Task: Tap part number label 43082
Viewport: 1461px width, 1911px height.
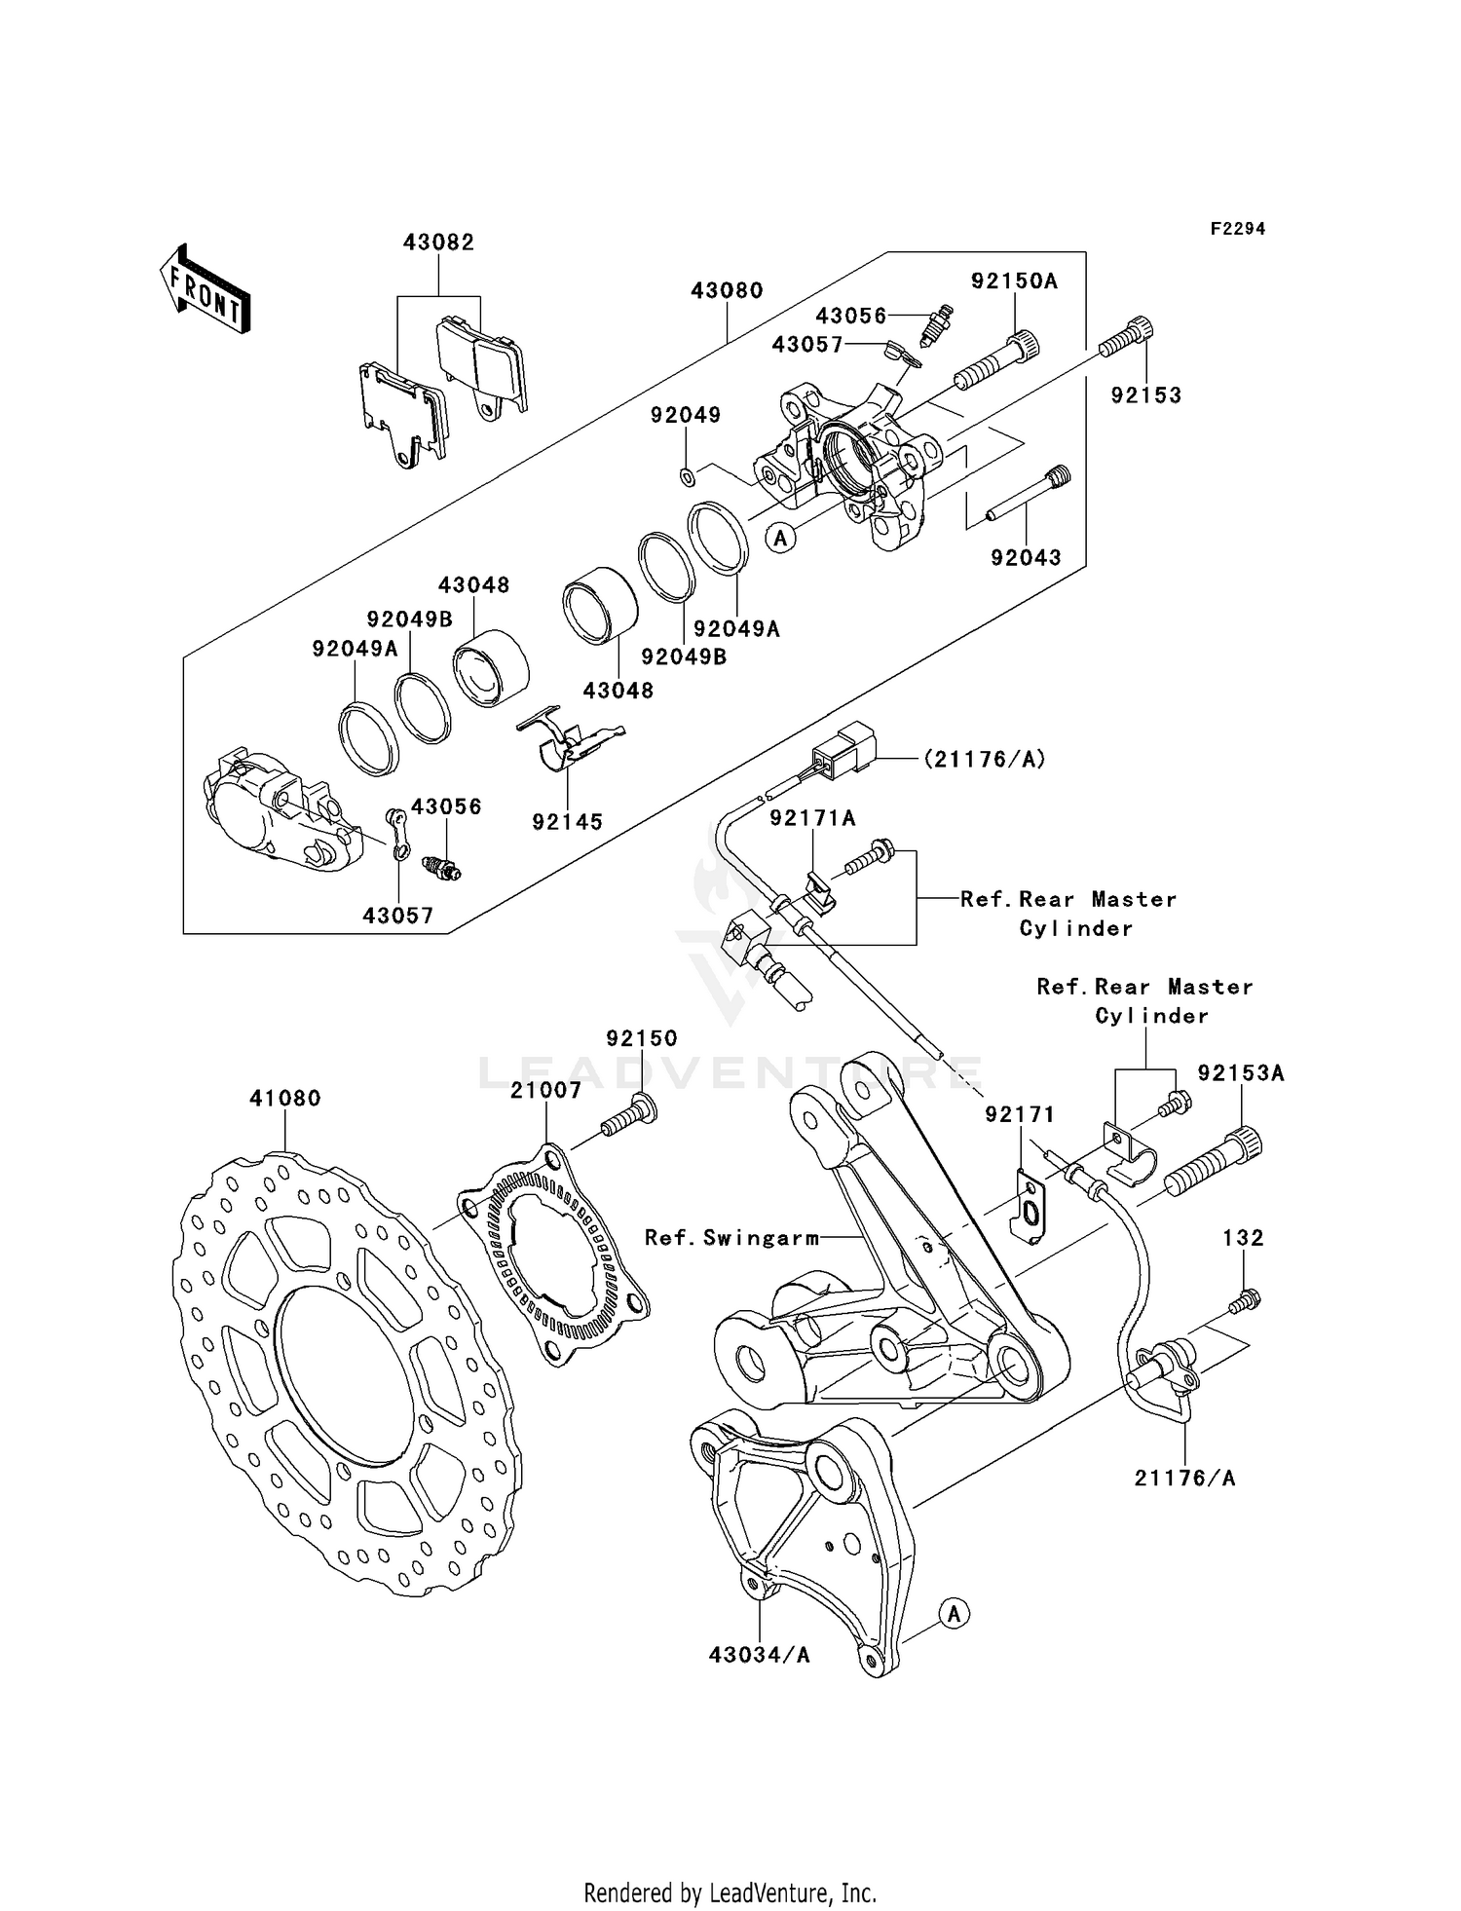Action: (x=438, y=243)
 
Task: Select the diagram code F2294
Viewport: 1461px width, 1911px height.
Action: (x=1237, y=229)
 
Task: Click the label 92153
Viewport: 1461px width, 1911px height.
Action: (x=1146, y=395)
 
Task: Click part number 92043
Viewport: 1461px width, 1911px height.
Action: (x=1026, y=558)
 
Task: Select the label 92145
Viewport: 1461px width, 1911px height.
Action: (x=567, y=822)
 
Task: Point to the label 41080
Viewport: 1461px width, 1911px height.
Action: (x=284, y=1099)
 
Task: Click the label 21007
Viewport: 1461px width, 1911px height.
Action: (x=545, y=1091)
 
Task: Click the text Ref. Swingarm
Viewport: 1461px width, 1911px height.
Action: (x=731, y=1238)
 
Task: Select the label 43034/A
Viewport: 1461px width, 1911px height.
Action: (x=760, y=1655)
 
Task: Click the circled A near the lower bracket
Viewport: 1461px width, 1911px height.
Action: (x=955, y=1614)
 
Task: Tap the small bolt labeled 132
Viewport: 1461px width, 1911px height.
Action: (x=1244, y=1300)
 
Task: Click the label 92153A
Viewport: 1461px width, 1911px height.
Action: (x=1241, y=1073)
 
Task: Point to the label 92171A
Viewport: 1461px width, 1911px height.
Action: (x=812, y=819)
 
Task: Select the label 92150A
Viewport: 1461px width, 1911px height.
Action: (x=1014, y=281)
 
